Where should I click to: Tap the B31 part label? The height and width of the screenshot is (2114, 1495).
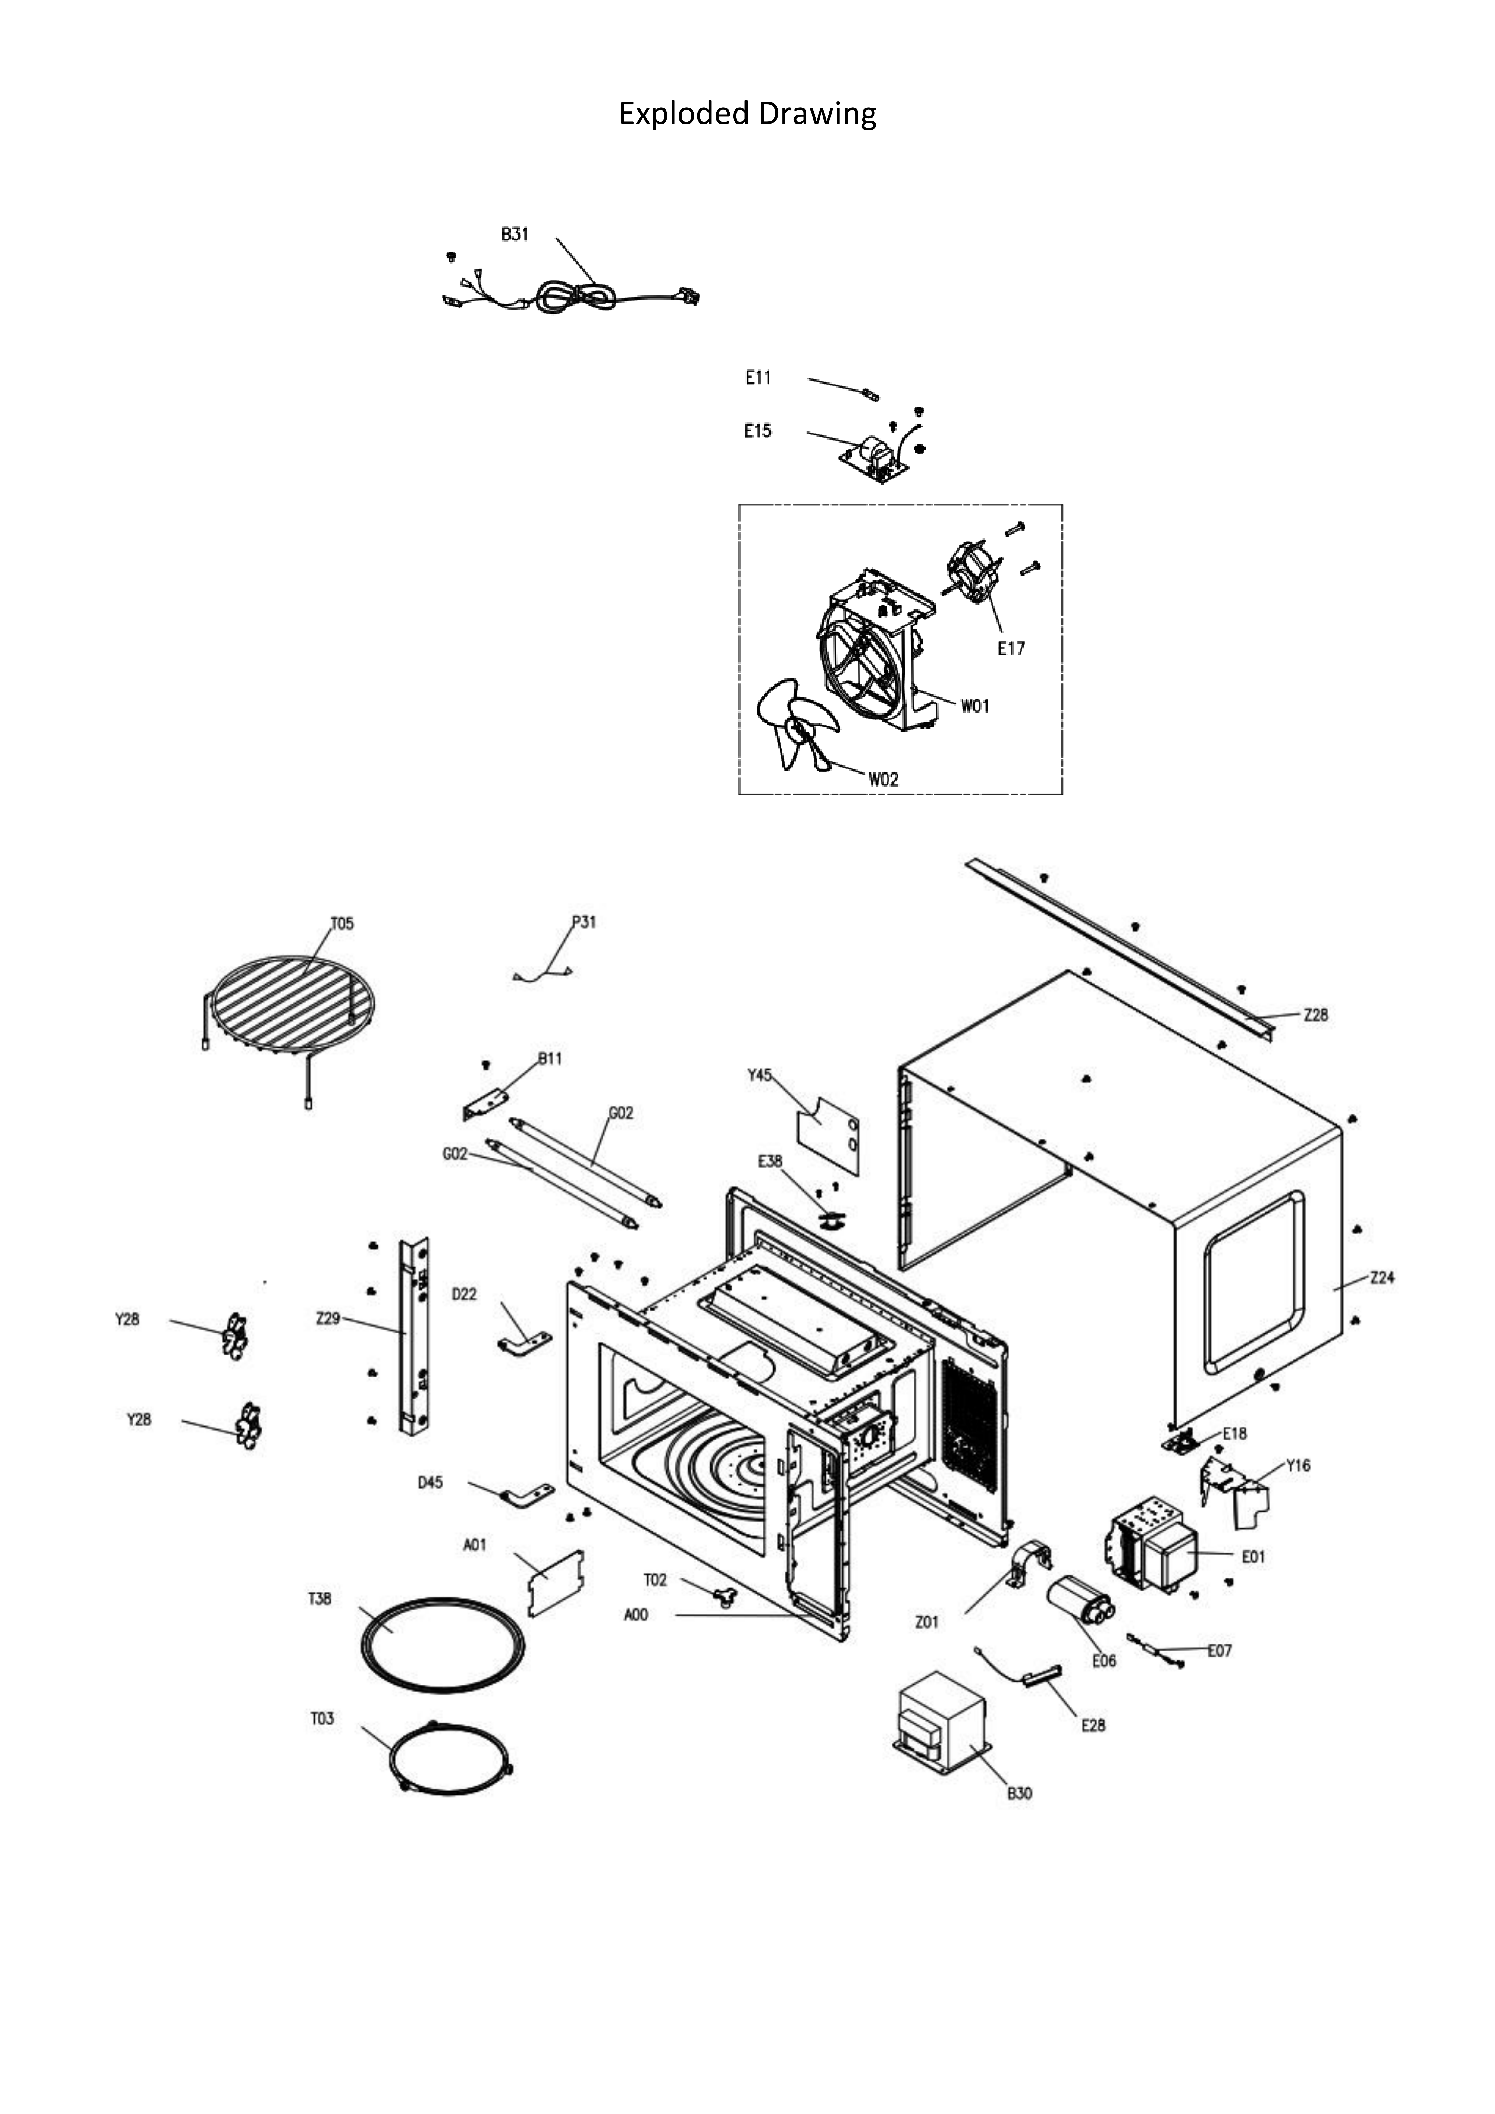point(515,235)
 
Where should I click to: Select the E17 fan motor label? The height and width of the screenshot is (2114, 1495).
point(1011,648)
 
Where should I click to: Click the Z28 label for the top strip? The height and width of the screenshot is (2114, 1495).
point(1315,1015)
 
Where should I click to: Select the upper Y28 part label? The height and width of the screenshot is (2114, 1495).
point(127,1319)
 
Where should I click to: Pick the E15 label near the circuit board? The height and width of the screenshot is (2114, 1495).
point(758,431)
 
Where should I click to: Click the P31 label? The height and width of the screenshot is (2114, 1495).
point(584,922)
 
